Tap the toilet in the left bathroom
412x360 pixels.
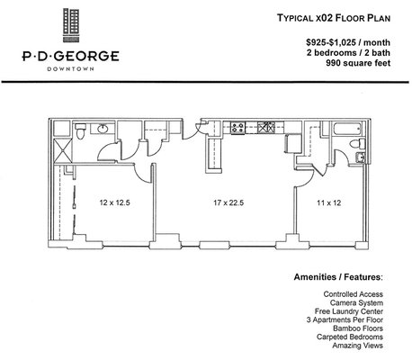81,133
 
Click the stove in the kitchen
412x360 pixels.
240,127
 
